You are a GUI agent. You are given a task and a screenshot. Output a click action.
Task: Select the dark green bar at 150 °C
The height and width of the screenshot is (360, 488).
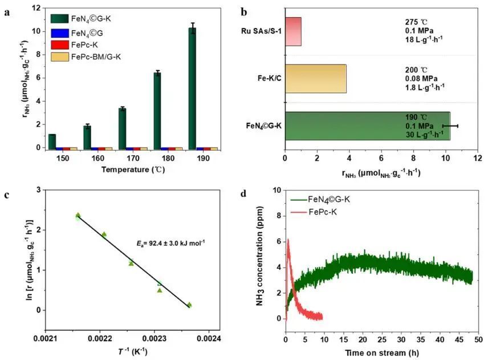pos(52,141)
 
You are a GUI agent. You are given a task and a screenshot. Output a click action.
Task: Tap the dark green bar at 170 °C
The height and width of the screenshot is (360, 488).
pos(122,128)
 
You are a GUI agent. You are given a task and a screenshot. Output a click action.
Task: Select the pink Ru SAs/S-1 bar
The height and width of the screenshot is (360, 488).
pos(292,31)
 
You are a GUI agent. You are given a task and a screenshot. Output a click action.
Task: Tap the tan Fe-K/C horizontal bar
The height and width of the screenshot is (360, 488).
pos(315,79)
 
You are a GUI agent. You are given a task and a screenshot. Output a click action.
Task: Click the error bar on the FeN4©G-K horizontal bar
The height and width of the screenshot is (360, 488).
pos(450,126)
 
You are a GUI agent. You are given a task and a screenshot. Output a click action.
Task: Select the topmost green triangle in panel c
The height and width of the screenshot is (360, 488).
pos(78,216)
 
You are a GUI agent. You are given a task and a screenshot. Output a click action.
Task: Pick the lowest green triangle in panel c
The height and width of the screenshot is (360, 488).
pos(190,305)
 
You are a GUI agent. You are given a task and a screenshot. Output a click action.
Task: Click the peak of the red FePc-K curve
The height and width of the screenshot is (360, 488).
pos(288,241)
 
